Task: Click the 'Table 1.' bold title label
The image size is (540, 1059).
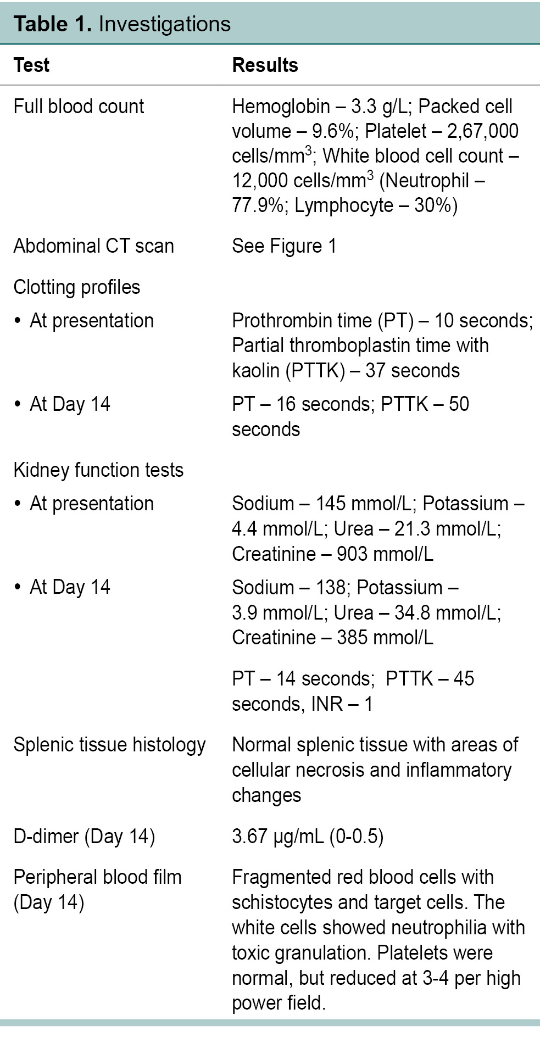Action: point(53,24)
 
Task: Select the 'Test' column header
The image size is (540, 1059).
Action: point(31,65)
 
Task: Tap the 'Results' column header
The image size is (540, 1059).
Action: point(265,65)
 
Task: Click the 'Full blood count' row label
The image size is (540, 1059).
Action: point(79,107)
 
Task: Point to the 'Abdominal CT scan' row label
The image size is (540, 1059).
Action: point(93,246)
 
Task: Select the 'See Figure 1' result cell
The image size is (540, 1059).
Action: point(284,246)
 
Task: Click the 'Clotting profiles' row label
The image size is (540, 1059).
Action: point(76,287)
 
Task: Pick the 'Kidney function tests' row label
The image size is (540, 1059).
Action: point(98,470)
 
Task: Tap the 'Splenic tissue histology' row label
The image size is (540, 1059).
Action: point(109,745)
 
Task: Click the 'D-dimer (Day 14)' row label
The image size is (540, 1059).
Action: point(84,837)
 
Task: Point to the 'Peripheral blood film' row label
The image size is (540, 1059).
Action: point(97,878)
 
